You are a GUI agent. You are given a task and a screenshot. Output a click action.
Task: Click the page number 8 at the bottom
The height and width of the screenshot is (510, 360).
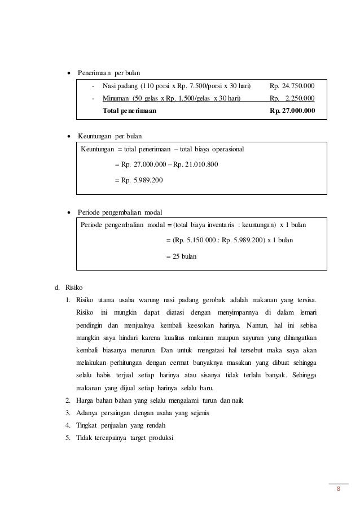(x=338, y=489)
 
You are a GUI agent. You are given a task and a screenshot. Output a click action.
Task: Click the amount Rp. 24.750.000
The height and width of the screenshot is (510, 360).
(x=292, y=86)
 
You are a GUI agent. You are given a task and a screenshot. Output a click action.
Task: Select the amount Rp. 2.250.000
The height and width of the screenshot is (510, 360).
(x=292, y=98)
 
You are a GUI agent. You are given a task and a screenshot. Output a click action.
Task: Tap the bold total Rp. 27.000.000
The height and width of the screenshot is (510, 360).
(x=292, y=111)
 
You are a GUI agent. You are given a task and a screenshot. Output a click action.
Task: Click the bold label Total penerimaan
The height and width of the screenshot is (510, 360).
(x=130, y=111)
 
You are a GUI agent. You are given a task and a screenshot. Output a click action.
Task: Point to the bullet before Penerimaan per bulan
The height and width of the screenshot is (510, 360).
(x=69, y=73)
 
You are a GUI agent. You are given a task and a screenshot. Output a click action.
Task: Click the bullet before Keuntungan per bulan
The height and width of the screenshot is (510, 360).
(x=69, y=137)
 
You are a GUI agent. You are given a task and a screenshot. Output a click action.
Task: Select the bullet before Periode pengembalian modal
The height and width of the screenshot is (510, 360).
(x=69, y=212)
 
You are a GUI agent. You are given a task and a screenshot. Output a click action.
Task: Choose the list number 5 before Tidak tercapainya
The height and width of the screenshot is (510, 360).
(x=68, y=438)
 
